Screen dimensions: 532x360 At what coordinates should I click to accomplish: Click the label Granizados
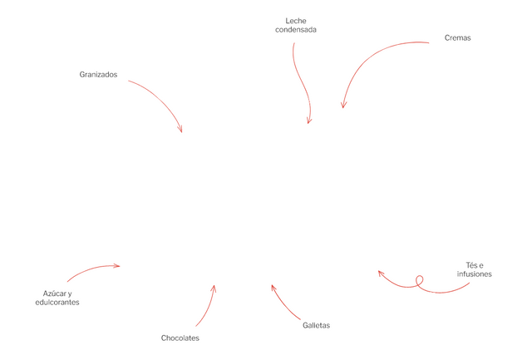[98, 75]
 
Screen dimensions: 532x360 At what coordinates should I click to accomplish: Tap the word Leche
[296, 21]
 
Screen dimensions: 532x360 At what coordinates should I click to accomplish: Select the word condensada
[296, 30]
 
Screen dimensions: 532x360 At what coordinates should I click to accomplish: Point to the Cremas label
[458, 38]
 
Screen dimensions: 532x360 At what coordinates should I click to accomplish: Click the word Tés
[471, 265]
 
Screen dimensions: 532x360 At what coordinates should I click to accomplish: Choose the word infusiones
[475, 274]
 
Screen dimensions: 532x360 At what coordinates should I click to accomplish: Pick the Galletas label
[316, 325]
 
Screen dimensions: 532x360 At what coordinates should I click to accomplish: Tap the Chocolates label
[180, 338]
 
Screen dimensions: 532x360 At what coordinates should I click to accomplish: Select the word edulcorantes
[57, 303]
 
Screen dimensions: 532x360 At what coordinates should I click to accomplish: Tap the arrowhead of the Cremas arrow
[343, 106]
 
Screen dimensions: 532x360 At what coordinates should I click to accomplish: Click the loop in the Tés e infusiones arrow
[420, 280]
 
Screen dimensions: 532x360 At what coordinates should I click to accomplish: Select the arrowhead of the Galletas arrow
[273, 287]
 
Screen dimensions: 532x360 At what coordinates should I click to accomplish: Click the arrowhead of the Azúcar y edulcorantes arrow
[118, 266]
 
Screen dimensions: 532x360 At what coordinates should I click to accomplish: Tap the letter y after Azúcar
[70, 293]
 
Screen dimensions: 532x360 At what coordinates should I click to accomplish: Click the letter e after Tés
[481, 266]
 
